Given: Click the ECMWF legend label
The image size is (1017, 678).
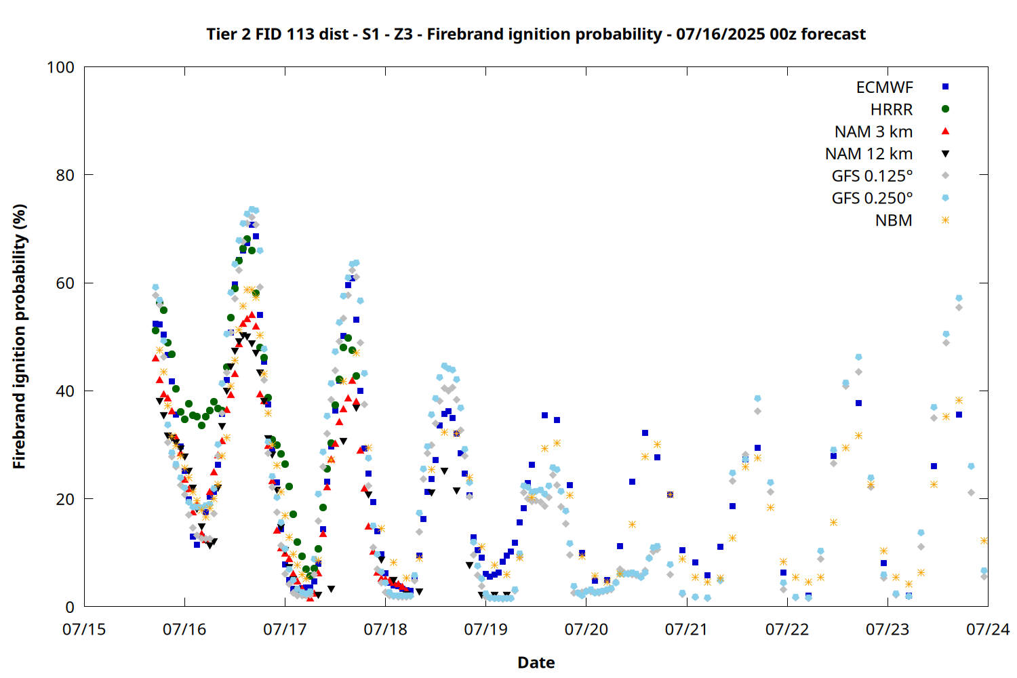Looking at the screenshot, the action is pos(884,87).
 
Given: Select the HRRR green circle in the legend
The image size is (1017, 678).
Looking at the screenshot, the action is pos(945,109).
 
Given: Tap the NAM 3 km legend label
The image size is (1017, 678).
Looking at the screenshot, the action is pos(873,132).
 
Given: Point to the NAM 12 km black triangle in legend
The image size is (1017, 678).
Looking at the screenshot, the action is pos(945,154).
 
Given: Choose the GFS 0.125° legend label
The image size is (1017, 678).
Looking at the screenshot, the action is pos(872,176).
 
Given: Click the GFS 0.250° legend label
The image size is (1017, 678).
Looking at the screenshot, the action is pos(872,198).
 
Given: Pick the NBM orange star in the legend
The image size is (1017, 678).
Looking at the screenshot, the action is pos(945,220).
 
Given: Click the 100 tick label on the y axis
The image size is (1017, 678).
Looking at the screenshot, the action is pos(60,67).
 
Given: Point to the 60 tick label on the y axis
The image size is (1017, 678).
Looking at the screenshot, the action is pos(65,283).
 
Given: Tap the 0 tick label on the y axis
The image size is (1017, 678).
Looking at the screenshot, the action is pos(70,607).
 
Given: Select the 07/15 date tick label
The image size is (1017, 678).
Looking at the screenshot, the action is pos(84,629).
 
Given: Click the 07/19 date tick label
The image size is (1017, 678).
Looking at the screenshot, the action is pos(485,629).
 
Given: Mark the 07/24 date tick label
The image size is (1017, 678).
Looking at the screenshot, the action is pos(988,629).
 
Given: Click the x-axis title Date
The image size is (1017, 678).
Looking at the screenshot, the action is pos(536,662).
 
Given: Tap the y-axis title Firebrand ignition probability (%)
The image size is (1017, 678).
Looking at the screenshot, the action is pos(19,336).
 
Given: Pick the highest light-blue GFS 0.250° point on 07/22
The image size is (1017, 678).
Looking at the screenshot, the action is pos(858,357).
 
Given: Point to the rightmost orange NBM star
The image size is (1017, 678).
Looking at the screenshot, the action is pos(984,540).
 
